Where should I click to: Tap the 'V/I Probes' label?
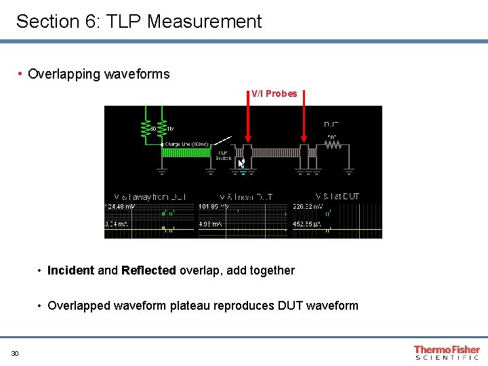click(274, 94)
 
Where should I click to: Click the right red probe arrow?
click(304, 129)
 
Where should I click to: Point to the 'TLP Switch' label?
click(223, 155)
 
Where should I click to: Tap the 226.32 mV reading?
click(308, 206)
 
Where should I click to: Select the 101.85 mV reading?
click(213, 206)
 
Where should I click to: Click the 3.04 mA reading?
click(117, 223)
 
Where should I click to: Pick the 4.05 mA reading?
click(211, 223)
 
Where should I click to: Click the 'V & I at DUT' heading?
click(338, 196)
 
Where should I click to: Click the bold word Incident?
click(71, 270)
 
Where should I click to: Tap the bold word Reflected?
click(148, 270)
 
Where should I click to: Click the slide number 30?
click(15, 352)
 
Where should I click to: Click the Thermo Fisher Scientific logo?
click(447, 352)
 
